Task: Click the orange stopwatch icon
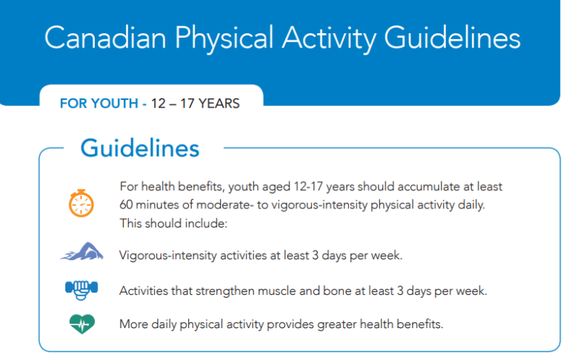click(x=81, y=203)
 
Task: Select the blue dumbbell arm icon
click(x=81, y=290)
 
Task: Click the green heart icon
click(x=81, y=324)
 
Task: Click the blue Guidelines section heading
click(x=140, y=148)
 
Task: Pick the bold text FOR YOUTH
click(x=99, y=104)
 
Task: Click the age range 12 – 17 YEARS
click(x=195, y=104)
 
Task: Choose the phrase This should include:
click(x=173, y=222)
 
